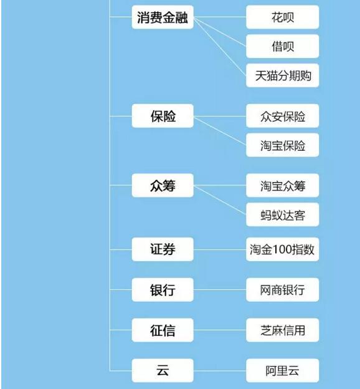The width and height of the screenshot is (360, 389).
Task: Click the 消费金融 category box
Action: click(163, 17)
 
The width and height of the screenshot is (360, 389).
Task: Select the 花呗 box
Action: click(282, 17)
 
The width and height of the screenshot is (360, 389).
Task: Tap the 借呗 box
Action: click(282, 46)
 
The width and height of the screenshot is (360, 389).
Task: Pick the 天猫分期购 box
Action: click(282, 75)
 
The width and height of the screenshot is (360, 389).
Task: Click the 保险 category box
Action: click(163, 116)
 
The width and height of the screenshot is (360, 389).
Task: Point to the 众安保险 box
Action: click(282, 116)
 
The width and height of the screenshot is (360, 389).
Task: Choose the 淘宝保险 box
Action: click(282, 145)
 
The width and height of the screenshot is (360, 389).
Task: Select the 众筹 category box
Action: click(163, 185)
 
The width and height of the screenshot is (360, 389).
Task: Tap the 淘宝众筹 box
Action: click(282, 185)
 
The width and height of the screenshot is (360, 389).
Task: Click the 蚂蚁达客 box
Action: click(282, 214)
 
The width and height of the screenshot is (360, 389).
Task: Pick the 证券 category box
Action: click(163, 249)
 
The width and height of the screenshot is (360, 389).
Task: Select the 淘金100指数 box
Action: click(282, 249)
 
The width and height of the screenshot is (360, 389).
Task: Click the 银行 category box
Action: click(163, 290)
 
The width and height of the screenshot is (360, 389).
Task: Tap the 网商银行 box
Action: click(282, 290)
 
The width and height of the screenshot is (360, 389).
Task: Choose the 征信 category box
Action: click(163, 330)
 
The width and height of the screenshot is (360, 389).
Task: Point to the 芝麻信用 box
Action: click(282, 330)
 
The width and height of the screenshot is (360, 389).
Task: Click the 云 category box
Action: click(163, 370)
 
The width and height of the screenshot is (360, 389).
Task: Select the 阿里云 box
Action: click(282, 370)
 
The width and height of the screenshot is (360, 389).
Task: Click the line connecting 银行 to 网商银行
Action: click(220, 290)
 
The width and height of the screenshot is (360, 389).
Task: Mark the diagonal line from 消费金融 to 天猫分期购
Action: click(220, 47)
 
